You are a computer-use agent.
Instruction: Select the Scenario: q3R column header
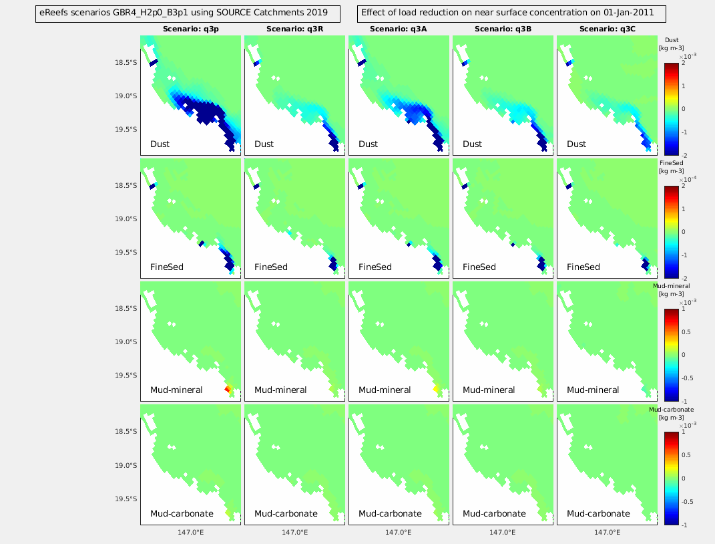click(x=294, y=29)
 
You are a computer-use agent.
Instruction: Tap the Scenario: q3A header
click(x=399, y=29)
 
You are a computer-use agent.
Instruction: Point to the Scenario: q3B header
click(x=503, y=29)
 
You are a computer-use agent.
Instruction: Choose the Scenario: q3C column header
click(x=607, y=29)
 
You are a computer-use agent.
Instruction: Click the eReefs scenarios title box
click(x=187, y=13)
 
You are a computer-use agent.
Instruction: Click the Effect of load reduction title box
click(x=513, y=13)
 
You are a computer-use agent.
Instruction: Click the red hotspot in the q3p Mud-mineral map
click(x=228, y=388)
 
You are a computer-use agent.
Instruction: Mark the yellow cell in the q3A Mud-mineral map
click(x=435, y=388)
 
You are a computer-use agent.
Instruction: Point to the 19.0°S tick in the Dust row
click(x=126, y=96)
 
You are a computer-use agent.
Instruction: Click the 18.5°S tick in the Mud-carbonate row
click(x=126, y=431)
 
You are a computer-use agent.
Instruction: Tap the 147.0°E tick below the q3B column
click(x=503, y=533)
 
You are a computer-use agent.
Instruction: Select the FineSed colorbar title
click(x=670, y=166)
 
